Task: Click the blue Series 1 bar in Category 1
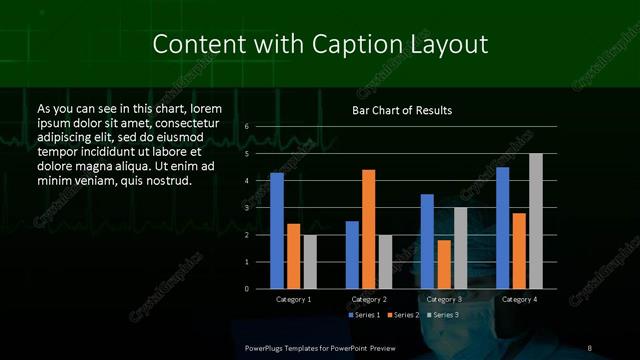(277, 231)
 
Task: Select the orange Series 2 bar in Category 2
(369, 229)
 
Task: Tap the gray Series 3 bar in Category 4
(536, 221)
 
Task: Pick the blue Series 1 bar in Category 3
(427, 241)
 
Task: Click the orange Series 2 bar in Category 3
(444, 264)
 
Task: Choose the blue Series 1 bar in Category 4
(502, 228)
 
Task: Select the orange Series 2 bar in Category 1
(294, 256)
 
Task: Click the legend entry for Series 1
(365, 315)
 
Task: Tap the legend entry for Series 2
(402, 315)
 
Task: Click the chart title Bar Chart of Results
(402, 110)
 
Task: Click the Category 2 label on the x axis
(369, 299)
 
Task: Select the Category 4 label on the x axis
(519, 299)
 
